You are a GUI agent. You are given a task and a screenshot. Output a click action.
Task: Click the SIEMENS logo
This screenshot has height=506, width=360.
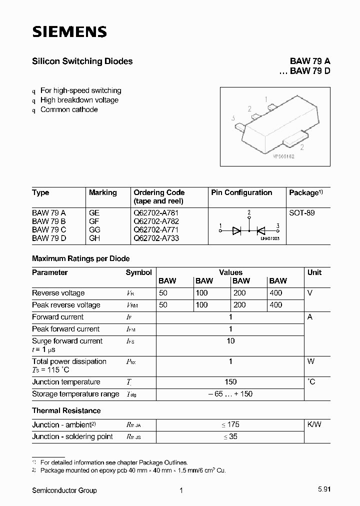pyautogui.click(x=69, y=32)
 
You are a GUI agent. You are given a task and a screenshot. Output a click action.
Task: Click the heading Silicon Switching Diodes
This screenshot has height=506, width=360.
pyautogui.click(x=82, y=61)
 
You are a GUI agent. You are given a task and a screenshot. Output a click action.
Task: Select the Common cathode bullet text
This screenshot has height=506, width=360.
pyautogui.click(x=69, y=109)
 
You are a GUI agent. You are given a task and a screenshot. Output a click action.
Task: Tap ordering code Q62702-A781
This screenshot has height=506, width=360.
pyautogui.click(x=156, y=212)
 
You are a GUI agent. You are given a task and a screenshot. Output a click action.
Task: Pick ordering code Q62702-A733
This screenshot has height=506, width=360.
pyautogui.click(x=156, y=238)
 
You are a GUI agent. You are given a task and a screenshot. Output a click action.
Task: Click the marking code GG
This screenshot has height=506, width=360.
pyautogui.click(x=94, y=229)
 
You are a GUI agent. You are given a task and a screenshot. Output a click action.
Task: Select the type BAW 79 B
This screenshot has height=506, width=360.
pyautogui.click(x=49, y=221)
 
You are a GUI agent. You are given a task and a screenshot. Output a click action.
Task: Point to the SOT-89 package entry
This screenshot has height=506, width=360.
pyautogui.click(x=301, y=212)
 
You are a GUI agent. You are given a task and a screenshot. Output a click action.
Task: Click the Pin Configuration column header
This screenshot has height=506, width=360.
pyautogui.click(x=241, y=192)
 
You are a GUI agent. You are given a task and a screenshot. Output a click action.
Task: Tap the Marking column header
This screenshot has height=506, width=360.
pyautogui.click(x=102, y=192)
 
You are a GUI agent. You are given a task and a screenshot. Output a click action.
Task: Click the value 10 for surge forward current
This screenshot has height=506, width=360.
pyautogui.click(x=230, y=341)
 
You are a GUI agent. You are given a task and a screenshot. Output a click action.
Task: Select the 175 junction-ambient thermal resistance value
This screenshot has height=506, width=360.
pyautogui.click(x=230, y=424)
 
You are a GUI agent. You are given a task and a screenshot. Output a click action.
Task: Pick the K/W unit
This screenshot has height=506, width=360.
pyautogui.click(x=314, y=424)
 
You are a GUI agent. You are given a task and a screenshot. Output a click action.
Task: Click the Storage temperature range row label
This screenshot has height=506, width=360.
pyautogui.click(x=75, y=394)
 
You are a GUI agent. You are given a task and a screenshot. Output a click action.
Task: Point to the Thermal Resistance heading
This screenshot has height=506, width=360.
pyautogui.click(x=66, y=410)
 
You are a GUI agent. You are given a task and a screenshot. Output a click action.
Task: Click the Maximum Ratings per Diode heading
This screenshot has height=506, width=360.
pyautogui.click(x=80, y=258)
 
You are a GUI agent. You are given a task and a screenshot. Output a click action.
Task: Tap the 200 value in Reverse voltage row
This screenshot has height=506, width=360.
pyautogui.click(x=239, y=293)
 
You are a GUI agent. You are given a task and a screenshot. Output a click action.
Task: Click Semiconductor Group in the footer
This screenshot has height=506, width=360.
pyautogui.click(x=64, y=490)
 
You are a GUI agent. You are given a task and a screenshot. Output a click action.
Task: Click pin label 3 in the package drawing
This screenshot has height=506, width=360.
pyautogui.click(x=233, y=118)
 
